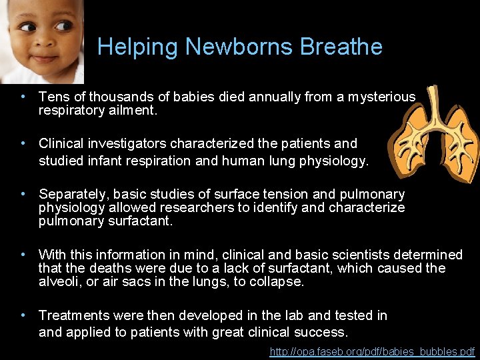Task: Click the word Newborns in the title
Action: tap(239, 47)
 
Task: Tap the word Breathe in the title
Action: tap(341, 47)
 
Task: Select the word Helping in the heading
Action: tap(138, 47)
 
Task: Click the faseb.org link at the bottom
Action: tap(372, 351)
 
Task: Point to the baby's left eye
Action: tap(62, 26)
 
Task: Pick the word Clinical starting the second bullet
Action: tap(63, 143)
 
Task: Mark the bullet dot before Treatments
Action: tap(24, 315)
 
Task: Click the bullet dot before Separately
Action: tap(24, 194)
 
